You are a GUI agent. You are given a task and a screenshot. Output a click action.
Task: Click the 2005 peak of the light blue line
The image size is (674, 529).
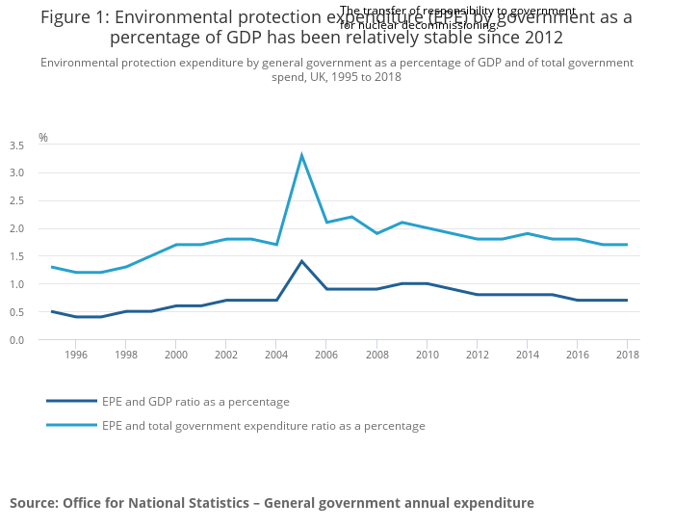301,155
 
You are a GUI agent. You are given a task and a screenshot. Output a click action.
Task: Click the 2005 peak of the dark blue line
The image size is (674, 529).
301,261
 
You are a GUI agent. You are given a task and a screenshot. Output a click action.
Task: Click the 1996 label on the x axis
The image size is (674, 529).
76,355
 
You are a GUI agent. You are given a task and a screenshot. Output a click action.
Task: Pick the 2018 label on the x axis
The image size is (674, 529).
627,355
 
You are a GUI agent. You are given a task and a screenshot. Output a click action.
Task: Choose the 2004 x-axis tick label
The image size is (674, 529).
276,355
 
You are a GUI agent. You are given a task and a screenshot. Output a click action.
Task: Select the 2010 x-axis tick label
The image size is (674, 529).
427,355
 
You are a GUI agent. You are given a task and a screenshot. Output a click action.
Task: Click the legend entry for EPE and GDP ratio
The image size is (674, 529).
195,402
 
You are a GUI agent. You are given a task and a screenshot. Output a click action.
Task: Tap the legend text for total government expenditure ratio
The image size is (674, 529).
263,425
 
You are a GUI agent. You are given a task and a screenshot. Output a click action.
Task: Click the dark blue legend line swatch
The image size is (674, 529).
71,401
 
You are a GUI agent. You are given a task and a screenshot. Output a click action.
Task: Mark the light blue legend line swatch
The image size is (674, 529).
71,425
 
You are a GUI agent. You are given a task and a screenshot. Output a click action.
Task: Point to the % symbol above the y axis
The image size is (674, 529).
43,138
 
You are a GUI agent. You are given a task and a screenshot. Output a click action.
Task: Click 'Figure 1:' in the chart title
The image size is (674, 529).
75,17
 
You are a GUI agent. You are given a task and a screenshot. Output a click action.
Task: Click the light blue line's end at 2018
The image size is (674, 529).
627,245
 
